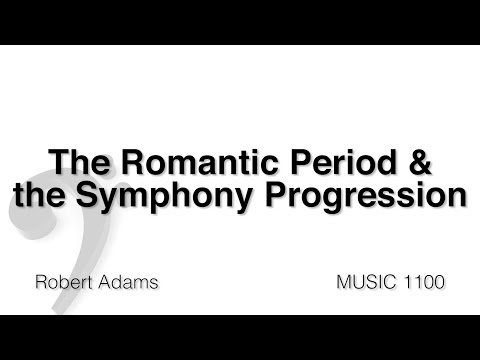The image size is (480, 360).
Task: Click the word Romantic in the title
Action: pos(183,162)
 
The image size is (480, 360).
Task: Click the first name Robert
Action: pos(61,282)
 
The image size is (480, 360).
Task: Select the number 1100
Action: pos(423,282)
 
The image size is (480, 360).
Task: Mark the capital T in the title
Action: pos(58,162)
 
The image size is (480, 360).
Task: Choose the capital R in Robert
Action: pos(40,282)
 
